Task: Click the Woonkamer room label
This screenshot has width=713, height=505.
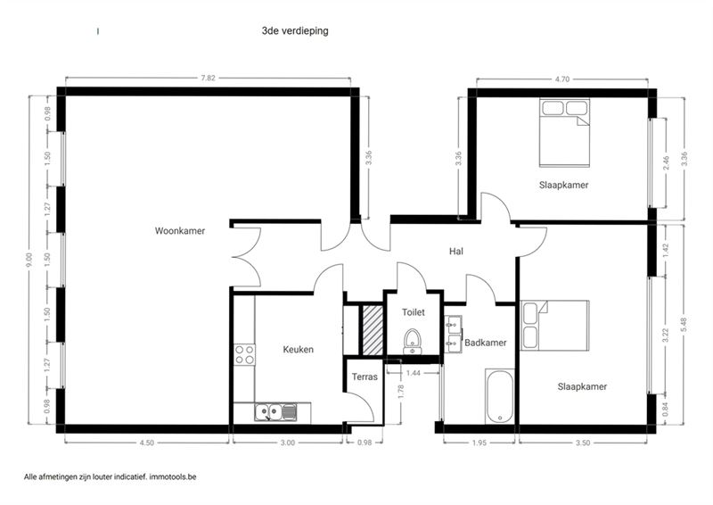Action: (x=180, y=231)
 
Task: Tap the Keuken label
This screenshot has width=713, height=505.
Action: (x=299, y=349)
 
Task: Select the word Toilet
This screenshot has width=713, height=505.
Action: (x=414, y=312)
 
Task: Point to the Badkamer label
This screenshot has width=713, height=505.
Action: (x=485, y=343)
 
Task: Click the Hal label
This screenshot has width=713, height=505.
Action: (x=456, y=252)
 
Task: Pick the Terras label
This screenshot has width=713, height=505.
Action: (x=365, y=377)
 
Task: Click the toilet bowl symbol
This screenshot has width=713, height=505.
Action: (x=413, y=341)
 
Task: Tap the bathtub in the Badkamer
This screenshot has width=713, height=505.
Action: (x=500, y=396)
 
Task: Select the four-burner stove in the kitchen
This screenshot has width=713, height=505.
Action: (x=244, y=355)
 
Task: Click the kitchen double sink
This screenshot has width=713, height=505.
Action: (x=276, y=412)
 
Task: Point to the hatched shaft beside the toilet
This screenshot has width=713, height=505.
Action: (x=373, y=330)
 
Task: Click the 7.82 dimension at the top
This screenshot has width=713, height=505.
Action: (x=209, y=78)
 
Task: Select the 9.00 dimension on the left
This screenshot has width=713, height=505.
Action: (x=29, y=260)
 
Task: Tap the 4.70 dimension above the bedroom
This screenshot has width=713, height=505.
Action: (x=562, y=79)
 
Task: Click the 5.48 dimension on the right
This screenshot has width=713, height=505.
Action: (x=684, y=325)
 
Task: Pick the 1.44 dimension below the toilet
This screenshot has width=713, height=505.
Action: (x=414, y=373)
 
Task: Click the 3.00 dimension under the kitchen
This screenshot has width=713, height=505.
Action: (x=287, y=443)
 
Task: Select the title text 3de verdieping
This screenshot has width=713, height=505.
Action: (x=295, y=31)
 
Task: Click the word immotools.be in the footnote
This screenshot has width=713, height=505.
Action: (x=173, y=477)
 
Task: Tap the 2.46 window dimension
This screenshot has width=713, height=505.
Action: (x=666, y=163)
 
